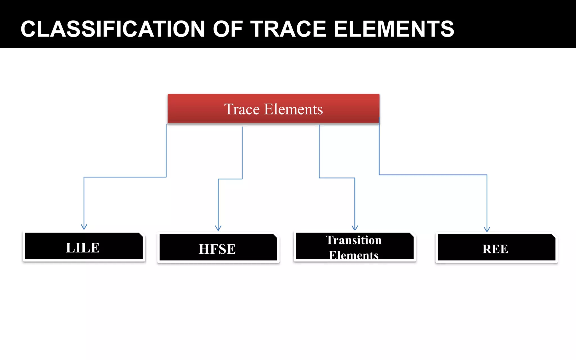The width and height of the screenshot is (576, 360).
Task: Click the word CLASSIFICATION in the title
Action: (112, 29)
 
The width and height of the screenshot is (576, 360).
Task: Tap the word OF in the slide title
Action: (228, 29)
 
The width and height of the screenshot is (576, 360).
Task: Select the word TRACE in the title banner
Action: (288, 29)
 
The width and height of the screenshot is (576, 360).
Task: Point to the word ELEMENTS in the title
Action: (394, 29)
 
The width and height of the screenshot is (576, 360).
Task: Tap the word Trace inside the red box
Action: (242, 109)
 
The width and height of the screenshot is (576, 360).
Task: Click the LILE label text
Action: (83, 248)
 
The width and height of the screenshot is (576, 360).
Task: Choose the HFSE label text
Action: (217, 249)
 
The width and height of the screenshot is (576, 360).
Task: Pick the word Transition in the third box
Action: (354, 240)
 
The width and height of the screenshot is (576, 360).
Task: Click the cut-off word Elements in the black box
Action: (354, 255)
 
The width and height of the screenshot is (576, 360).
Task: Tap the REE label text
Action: (495, 249)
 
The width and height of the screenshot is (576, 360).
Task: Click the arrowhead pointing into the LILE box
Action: (84, 227)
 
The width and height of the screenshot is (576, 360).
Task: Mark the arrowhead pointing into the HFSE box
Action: (218, 228)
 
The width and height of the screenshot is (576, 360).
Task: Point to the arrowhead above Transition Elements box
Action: (355, 228)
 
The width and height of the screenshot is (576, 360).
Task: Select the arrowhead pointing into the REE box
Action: (487, 229)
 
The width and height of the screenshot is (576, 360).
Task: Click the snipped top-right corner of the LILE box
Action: (141, 235)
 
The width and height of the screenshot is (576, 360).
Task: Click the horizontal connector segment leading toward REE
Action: (433, 175)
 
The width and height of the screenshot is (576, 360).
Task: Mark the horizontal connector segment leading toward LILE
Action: (125, 177)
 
